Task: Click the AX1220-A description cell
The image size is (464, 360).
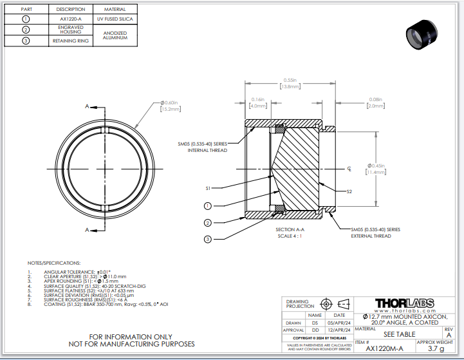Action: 71,19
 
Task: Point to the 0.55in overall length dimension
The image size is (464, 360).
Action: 290,81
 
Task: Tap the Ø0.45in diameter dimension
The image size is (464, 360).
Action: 374,166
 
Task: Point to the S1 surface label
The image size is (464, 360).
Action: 208,189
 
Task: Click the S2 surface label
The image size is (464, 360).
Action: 349,191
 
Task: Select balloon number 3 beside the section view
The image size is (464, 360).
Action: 208,239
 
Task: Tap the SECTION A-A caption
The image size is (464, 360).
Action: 290,229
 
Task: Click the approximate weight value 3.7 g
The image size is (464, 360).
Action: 441,348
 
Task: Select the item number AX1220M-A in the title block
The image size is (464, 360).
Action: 385,348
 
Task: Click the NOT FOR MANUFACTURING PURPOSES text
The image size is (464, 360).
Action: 131,345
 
